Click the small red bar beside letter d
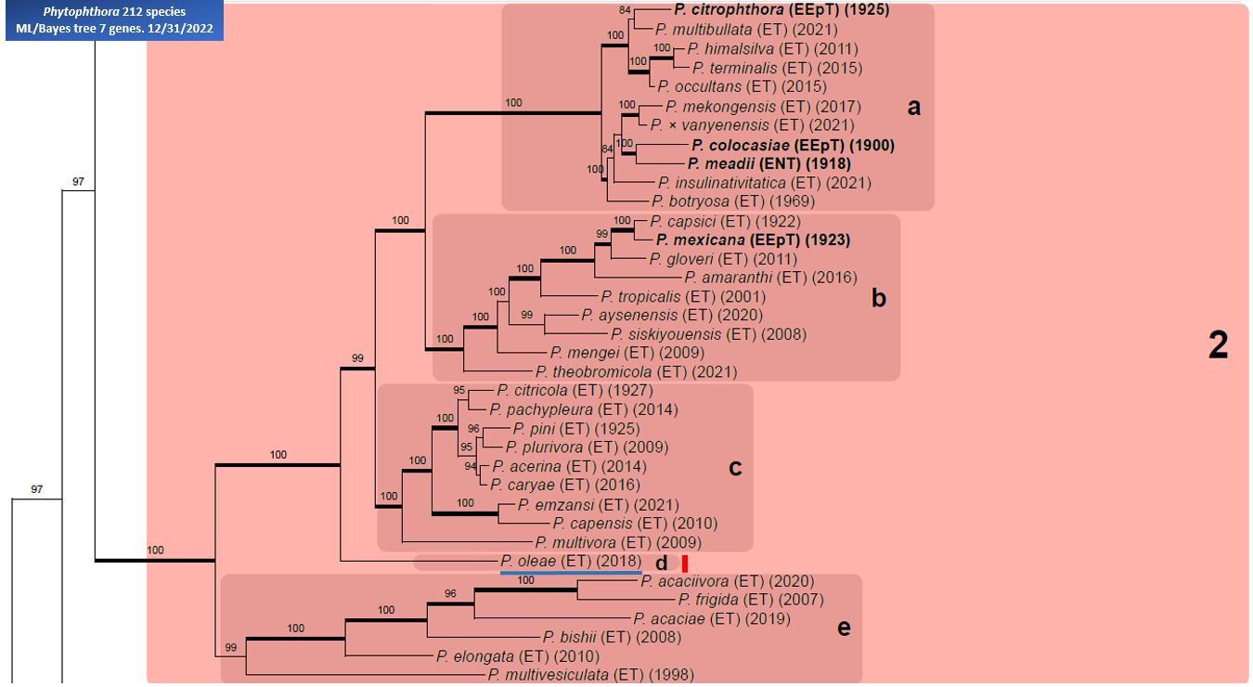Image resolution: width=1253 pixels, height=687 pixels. [x=685, y=564]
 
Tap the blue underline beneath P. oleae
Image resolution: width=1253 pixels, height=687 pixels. [x=571, y=573]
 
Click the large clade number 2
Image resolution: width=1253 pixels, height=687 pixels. [x=1219, y=345]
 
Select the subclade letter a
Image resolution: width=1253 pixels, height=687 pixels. [x=913, y=107]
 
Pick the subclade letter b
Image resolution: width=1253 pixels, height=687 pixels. [x=879, y=298]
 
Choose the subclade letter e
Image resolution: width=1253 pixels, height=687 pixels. [x=844, y=628]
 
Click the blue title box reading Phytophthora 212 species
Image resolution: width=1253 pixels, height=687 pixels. [x=114, y=20]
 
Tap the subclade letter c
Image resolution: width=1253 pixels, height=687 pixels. [x=735, y=468]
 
